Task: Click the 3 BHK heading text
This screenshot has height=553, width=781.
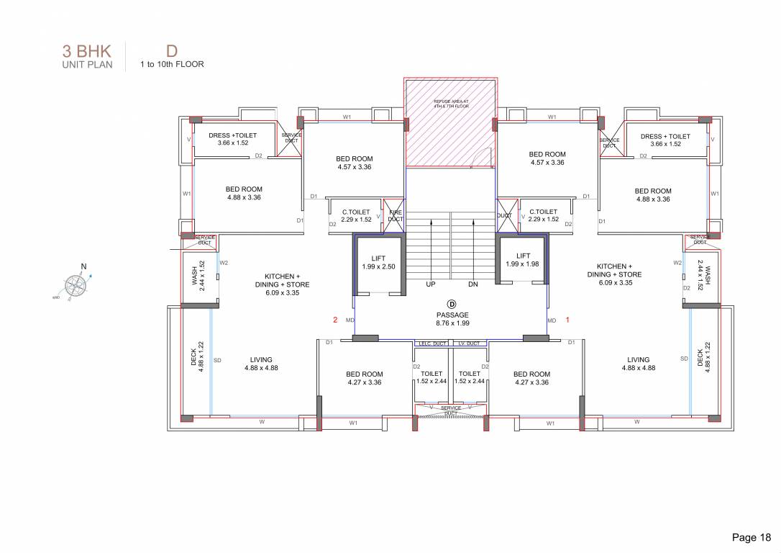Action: (x=86, y=51)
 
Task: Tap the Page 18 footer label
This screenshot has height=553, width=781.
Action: (x=752, y=537)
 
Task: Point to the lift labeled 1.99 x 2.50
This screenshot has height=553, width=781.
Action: (x=379, y=262)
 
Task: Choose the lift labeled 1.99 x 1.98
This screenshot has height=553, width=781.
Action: (x=523, y=260)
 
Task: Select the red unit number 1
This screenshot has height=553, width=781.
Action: (x=567, y=319)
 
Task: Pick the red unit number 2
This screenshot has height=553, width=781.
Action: (x=334, y=319)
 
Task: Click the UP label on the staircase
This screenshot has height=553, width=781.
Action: (x=431, y=284)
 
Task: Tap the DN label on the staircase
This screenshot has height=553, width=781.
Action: (x=473, y=284)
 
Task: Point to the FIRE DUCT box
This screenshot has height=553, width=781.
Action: (x=395, y=215)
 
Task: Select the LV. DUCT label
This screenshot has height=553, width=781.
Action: (x=470, y=344)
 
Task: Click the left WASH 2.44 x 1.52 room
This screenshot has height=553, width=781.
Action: (x=198, y=273)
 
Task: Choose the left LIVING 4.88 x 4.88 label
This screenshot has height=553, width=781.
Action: (x=261, y=364)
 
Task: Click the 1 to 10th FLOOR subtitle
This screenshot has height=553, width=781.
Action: (x=172, y=64)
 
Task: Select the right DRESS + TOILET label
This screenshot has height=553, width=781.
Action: (x=665, y=140)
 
